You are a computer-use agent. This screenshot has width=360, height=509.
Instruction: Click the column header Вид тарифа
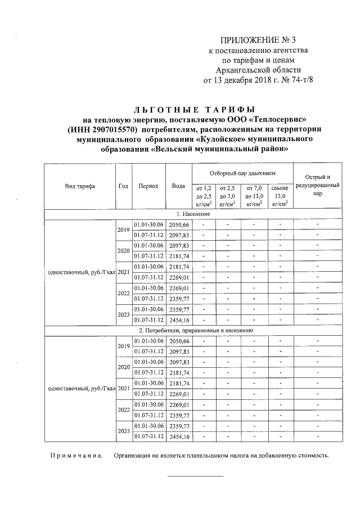click(79, 186)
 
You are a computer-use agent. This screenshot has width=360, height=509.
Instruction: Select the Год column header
click(123, 186)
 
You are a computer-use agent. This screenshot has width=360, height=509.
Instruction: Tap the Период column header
click(148, 186)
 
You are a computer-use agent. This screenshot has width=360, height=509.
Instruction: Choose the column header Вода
click(178, 186)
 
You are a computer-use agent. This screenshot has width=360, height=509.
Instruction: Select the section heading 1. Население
click(193, 214)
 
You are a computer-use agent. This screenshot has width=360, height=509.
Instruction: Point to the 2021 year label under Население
click(123, 272)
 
